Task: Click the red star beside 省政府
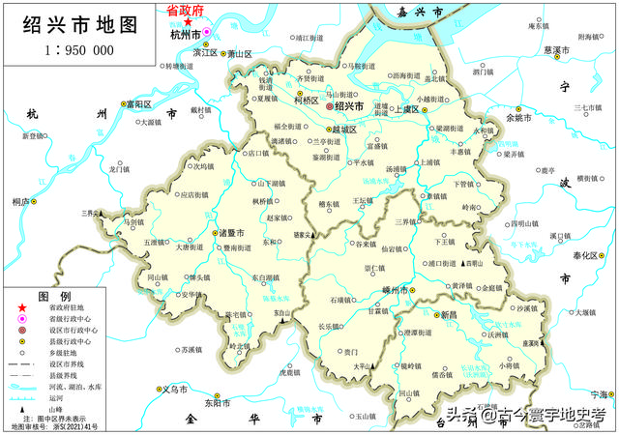click(x=188, y=21)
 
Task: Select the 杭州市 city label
click(x=183, y=35)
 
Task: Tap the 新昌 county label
click(x=450, y=315)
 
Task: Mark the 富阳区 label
click(x=141, y=103)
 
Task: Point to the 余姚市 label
click(x=519, y=118)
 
